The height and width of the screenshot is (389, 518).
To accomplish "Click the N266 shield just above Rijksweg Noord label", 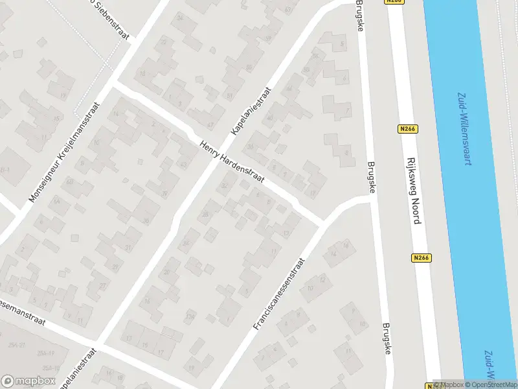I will (x=407, y=129).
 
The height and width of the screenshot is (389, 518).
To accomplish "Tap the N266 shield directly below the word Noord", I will (x=420, y=257).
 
